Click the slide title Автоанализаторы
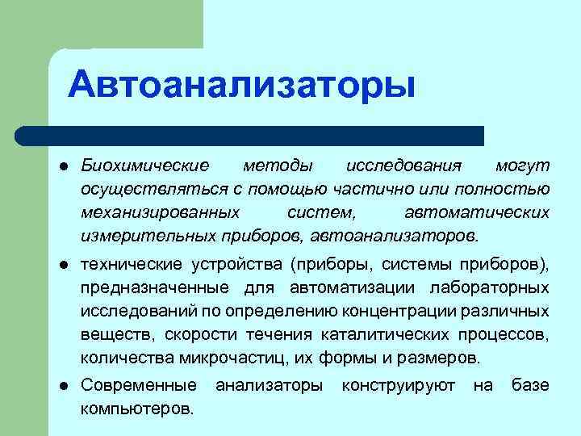pos(241,85)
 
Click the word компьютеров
pos(136,409)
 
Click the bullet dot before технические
pos(61,266)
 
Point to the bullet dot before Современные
pos(61,387)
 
